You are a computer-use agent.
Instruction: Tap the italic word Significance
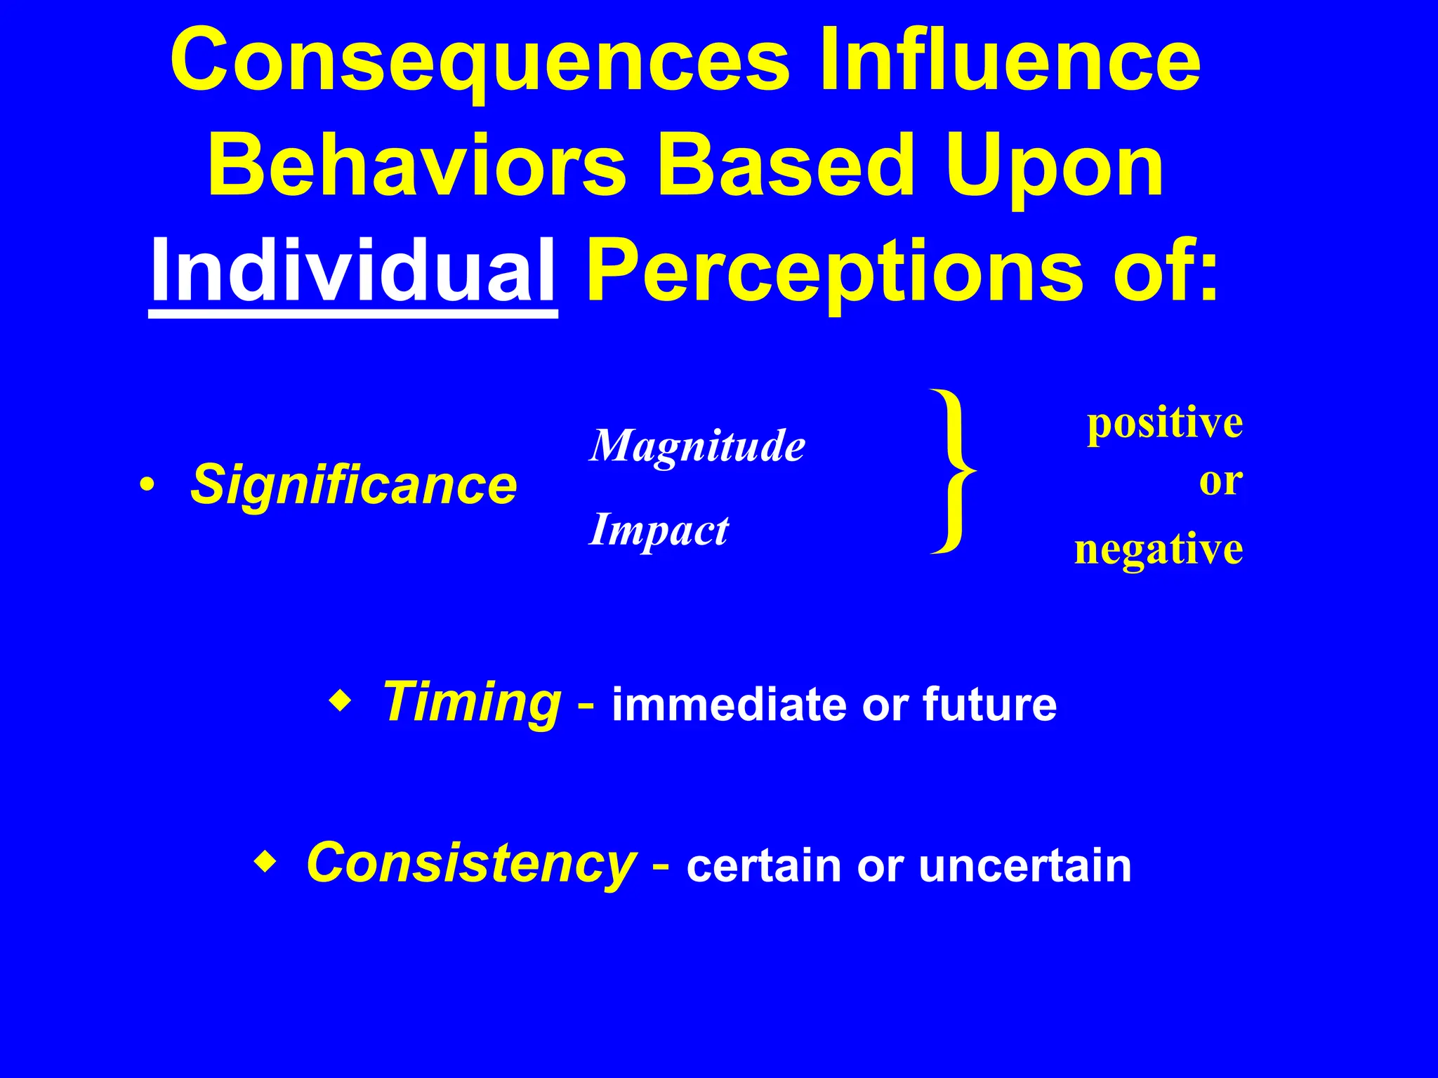coord(354,485)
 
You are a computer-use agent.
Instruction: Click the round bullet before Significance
coord(146,485)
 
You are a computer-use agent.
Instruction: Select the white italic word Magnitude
coord(697,446)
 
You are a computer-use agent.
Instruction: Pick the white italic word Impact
coord(659,530)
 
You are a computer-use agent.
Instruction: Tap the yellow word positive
coord(1164,423)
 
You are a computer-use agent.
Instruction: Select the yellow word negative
coord(1159,549)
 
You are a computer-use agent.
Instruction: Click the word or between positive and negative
coord(1220,481)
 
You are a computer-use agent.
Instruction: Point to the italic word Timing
coord(472,701)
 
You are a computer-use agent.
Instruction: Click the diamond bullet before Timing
coord(339,701)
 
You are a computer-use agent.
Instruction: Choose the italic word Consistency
coord(470,863)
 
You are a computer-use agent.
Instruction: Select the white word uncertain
coord(1024,866)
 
